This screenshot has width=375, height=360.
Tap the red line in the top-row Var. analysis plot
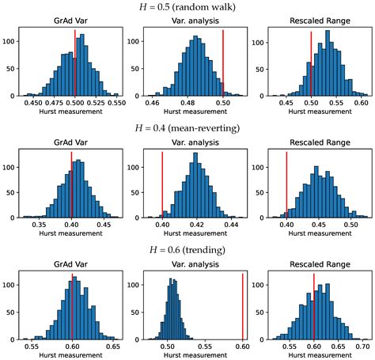pyautogui.click(x=223, y=63)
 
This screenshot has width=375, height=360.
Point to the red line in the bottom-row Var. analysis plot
pyautogui.click(x=242, y=305)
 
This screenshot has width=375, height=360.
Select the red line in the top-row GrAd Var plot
pyautogui.click(x=75, y=63)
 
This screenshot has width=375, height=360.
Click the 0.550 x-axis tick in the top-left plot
pyautogui.click(x=116, y=103)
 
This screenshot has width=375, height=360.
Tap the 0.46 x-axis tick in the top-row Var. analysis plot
pyautogui.click(x=153, y=103)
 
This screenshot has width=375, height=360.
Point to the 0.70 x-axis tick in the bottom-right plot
pyautogui.click(x=362, y=346)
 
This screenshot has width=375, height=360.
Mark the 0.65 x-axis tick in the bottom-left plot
pyautogui.click(x=113, y=346)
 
